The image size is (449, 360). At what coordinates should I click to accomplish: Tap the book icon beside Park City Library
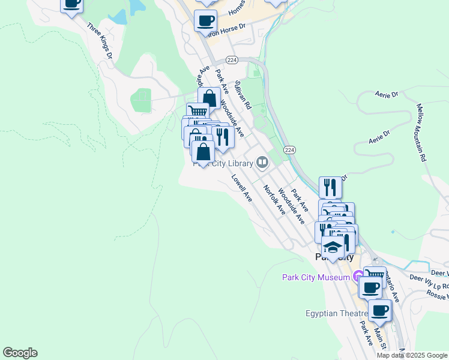click(262, 161)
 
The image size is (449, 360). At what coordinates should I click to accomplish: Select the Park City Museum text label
click(316, 277)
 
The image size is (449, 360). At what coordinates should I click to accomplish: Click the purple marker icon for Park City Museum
click(358, 277)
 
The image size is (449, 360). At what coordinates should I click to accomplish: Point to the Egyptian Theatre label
click(336, 313)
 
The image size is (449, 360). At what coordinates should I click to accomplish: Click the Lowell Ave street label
click(242, 188)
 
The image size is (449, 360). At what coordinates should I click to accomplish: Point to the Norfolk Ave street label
click(274, 199)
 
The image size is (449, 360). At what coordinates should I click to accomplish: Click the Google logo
click(20, 353)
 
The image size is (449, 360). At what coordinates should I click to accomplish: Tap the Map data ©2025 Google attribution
click(412, 355)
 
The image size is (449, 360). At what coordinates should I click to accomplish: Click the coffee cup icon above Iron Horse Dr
click(205, 20)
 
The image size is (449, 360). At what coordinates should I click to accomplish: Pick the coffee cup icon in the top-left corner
click(71, 4)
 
